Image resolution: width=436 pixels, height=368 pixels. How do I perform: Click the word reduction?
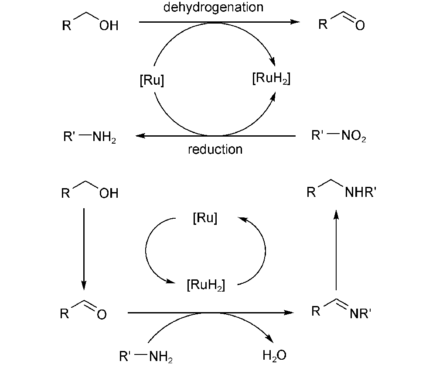(x=215, y=149)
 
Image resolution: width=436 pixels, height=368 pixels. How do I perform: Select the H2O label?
(x=275, y=355)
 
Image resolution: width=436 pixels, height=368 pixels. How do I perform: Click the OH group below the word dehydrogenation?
(x=109, y=26)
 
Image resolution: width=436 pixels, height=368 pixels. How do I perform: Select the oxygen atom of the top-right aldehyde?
(x=360, y=27)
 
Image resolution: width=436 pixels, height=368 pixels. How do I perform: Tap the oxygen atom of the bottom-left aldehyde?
(x=102, y=315)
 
